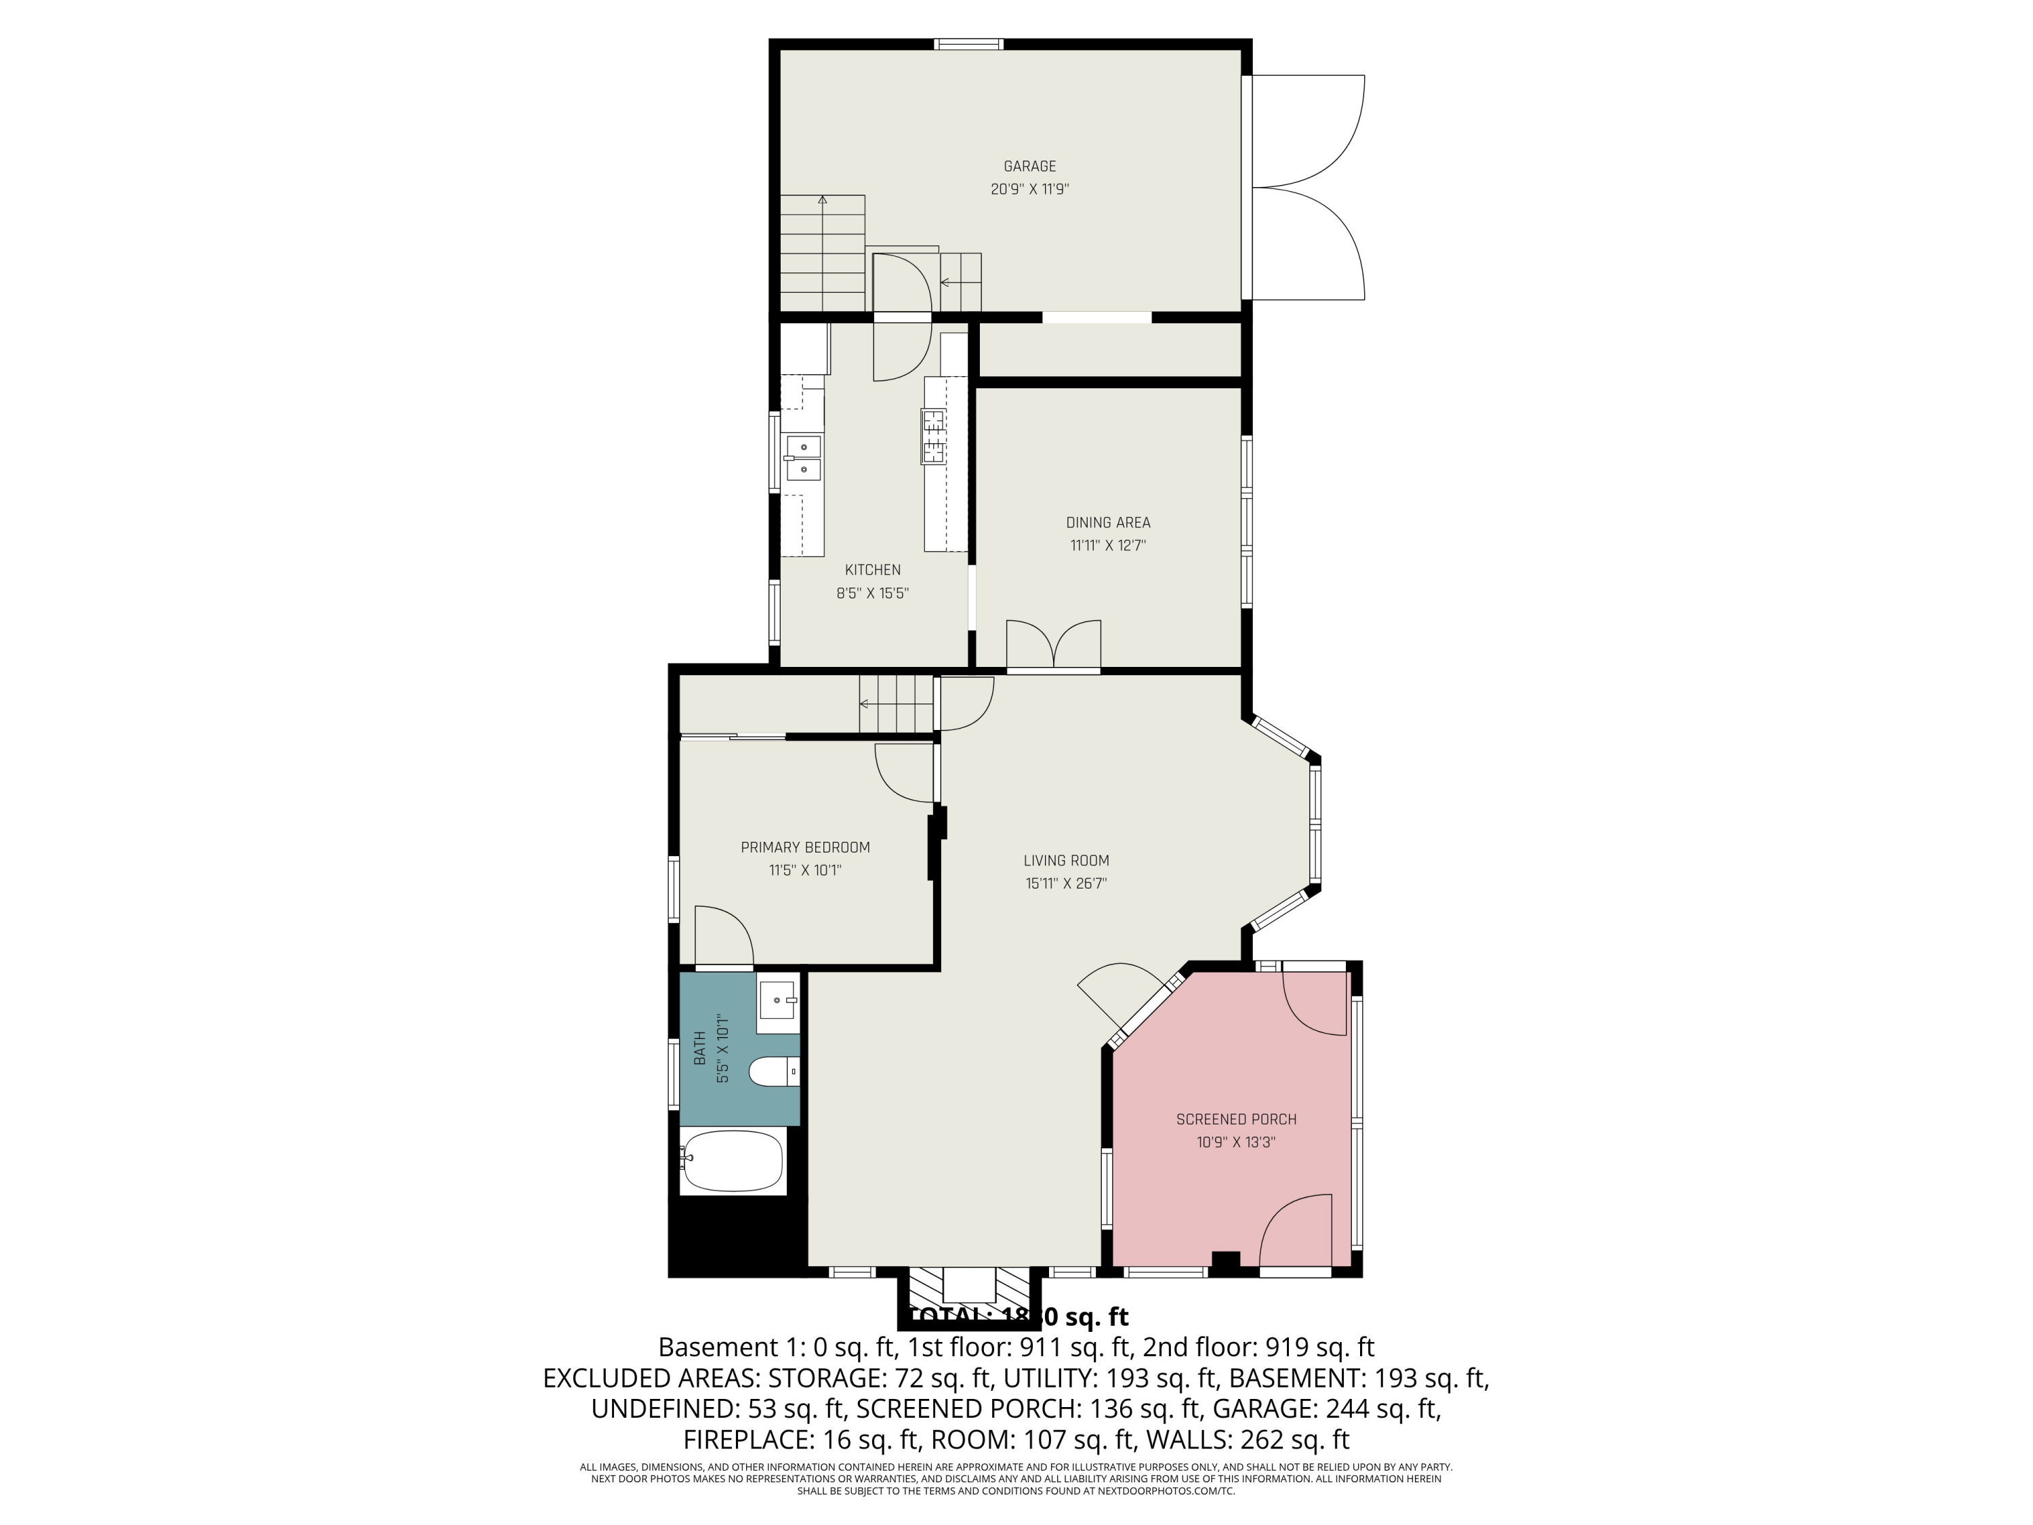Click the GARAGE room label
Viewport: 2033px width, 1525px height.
[1029, 166]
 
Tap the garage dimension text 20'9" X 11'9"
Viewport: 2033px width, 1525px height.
[1029, 189]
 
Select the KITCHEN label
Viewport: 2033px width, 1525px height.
[872, 570]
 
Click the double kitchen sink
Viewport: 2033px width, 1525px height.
[803, 457]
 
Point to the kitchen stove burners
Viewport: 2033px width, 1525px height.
[934, 436]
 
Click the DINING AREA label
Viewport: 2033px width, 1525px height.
[1107, 522]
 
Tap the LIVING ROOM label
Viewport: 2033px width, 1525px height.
[1066, 860]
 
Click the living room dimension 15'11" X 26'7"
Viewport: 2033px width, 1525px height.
[1066, 883]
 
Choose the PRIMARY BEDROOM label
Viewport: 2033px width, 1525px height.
[805, 847]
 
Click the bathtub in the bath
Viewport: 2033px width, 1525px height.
[733, 1161]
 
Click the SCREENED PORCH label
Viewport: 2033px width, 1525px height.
[1236, 1120]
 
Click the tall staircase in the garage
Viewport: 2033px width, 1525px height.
[823, 253]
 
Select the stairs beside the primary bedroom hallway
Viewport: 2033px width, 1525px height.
[896, 704]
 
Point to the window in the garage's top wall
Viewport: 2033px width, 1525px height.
[968, 44]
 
